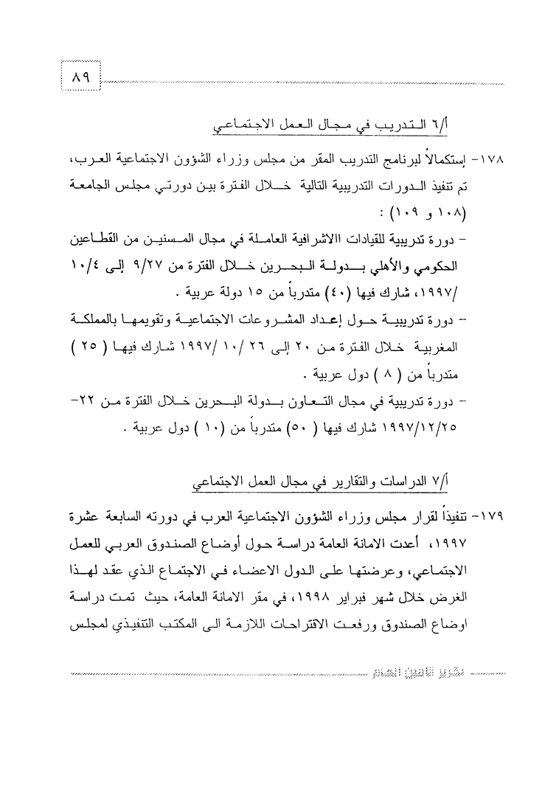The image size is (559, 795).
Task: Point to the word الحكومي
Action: point(445,263)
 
